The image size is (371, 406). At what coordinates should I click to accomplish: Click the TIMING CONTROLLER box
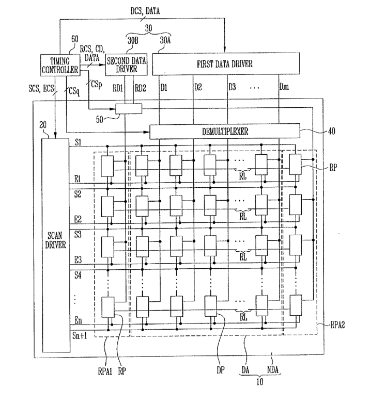click(60, 65)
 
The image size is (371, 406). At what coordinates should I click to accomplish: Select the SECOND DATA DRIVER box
click(126, 64)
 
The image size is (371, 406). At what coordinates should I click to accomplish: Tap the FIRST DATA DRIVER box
click(226, 63)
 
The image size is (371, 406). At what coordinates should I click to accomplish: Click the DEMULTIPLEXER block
click(225, 131)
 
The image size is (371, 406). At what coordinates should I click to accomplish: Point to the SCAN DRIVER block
click(56, 245)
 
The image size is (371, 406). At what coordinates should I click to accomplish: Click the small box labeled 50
click(129, 109)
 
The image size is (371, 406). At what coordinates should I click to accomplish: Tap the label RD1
click(118, 88)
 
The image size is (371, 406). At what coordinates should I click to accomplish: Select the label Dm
click(284, 87)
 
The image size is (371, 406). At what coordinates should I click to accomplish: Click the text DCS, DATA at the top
click(145, 11)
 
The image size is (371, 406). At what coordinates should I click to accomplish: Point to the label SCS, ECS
click(41, 89)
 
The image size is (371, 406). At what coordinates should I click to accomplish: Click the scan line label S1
click(78, 142)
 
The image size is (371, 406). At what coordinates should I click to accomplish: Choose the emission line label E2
click(78, 220)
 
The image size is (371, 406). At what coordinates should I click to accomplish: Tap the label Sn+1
click(80, 336)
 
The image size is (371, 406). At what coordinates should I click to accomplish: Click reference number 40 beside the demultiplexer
click(332, 131)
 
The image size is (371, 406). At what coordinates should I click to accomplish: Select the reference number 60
click(75, 39)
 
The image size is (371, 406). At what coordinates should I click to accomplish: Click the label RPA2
click(337, 324)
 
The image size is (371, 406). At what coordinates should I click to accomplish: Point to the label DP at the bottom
click(221, 370)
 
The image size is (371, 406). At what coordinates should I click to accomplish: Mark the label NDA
click(273, 369)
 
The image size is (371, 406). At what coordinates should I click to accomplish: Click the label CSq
click(74, 91)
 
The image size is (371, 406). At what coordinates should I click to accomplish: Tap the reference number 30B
click(133, 41)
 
